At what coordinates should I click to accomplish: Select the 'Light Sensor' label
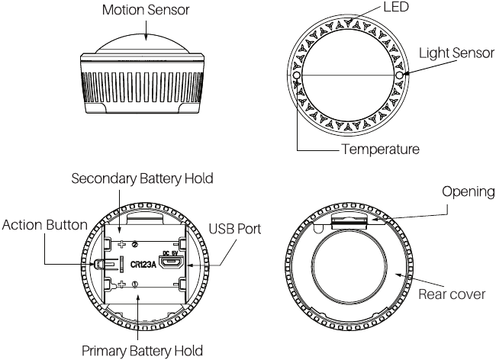click(456, 54)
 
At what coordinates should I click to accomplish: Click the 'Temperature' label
click(379, 149)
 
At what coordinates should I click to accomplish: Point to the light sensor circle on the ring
click(399, 77)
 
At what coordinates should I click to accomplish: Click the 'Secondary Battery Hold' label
click(142, 178)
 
